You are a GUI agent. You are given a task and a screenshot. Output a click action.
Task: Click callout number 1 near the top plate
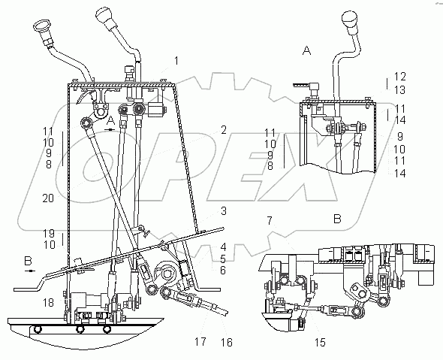pos(176,61)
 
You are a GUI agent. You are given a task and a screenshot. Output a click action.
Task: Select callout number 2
pos(224,130)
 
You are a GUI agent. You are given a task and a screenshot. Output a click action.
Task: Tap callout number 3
pos(224,211)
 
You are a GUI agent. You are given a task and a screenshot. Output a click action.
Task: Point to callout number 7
pos(270,220)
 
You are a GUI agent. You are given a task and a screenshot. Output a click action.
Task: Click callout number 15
pos(320,343)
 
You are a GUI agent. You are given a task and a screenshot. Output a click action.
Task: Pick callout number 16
pos(226,343)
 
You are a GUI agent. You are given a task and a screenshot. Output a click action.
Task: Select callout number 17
pos(200,342)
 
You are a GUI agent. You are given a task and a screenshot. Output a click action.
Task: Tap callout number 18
pos(48,303)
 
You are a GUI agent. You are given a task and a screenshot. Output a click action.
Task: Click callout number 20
pos(48,198)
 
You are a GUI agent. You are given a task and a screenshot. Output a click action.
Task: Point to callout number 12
pos(399,77)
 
